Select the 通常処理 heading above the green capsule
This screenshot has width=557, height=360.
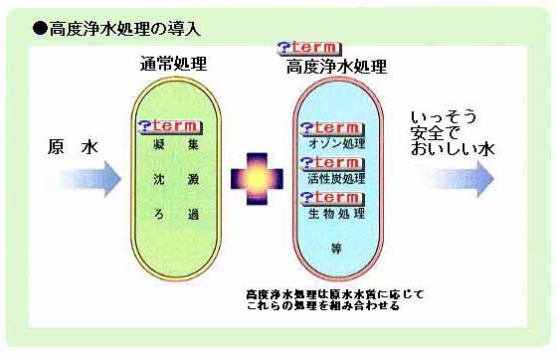coord(173,65)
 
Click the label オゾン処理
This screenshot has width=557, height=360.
coord(340,145)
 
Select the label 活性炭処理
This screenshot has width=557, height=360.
coord(340,180)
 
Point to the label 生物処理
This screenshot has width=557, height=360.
coord(340,215)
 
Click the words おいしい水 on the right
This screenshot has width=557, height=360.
coord(453,149)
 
